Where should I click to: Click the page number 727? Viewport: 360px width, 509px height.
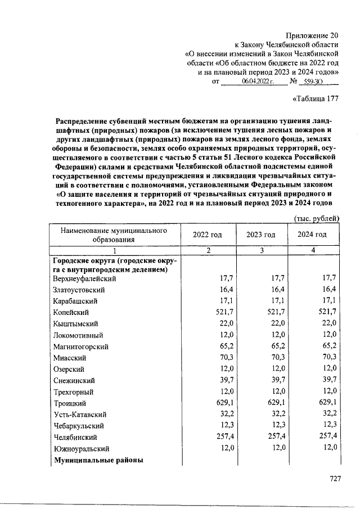pyautogui.click(x=335, y=479)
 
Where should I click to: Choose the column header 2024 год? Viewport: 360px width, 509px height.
pyautogui.click(x=312, y=235)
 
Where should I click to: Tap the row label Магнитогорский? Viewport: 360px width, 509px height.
pyautogui.click(x=80, y=346)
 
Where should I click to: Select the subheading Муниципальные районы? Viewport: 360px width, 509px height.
pyautogui.click(x=98, y=460)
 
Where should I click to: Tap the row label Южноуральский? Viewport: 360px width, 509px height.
pyautogui.click(x=81, y=449)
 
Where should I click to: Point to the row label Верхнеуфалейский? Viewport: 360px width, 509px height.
pyautogui.click(x=84, y=278)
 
